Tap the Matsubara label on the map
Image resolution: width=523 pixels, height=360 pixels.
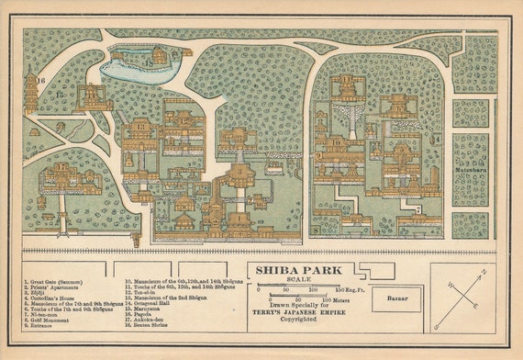click(470, 171)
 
